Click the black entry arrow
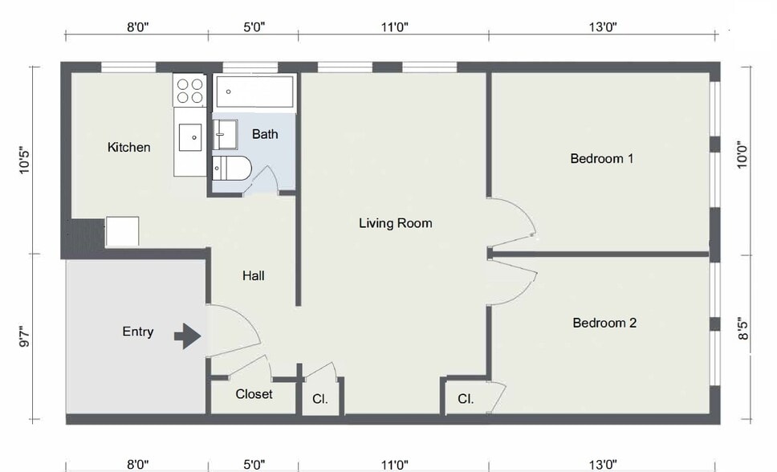tap(188, 336)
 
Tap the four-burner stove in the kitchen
tap(189, 90)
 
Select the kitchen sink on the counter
tap(192, 137)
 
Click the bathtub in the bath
tap(254, 92)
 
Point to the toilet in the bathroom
tap(233, 169)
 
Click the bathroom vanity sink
tap(226, 134)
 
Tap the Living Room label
tap(395, 223)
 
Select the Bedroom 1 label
tap(601, 159)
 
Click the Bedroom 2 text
tap(604, 323)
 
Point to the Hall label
tap(254, 276)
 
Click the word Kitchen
tap(129, 148)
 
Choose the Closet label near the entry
tap(254, 394)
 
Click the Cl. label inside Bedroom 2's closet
tap(466, 399)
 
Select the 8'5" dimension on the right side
tap(744, 330)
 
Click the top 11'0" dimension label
tap(394, 27)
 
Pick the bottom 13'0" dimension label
tap(603, 463)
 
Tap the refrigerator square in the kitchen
tap(122, 231)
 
